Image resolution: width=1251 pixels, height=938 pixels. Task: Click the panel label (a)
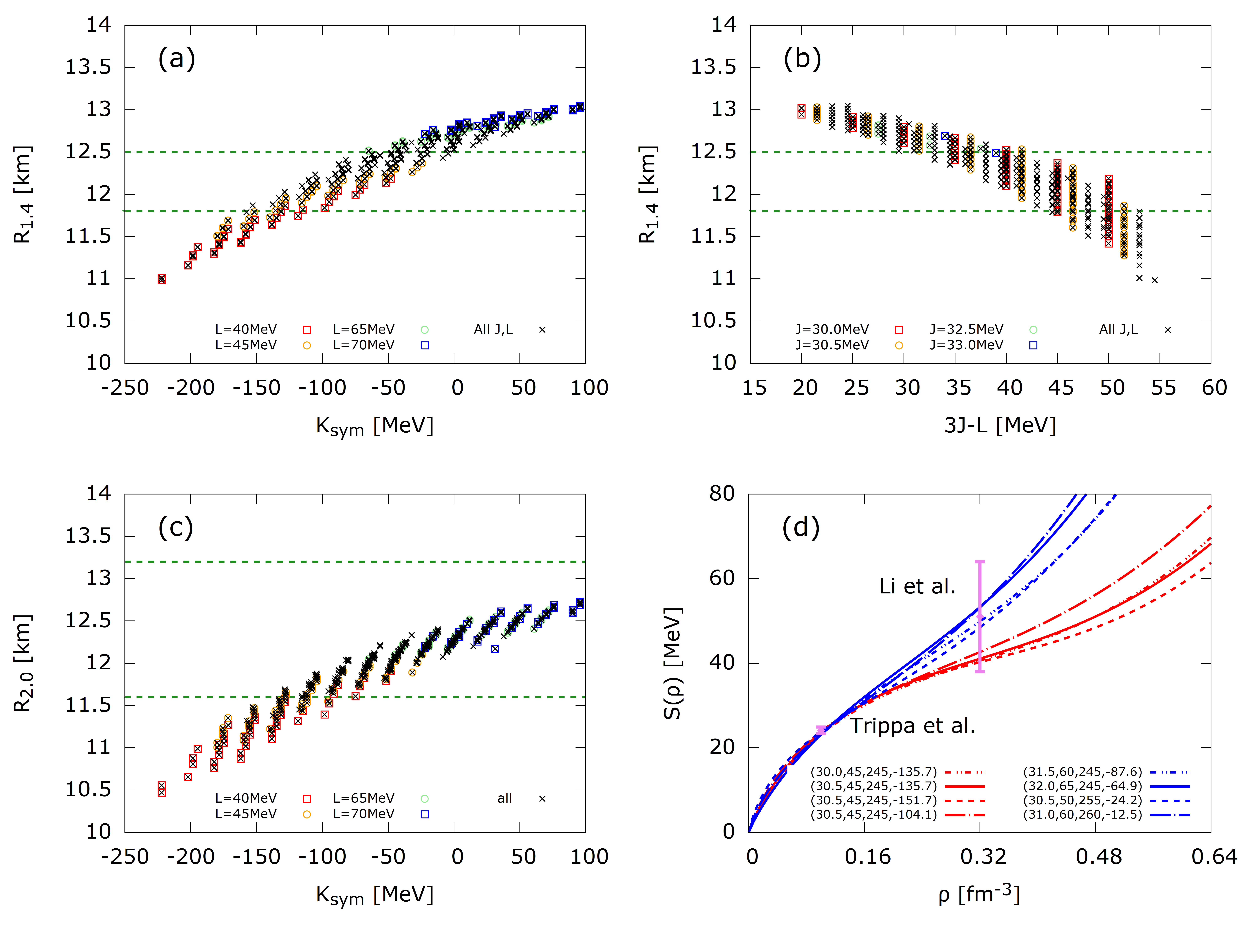coord(176,59)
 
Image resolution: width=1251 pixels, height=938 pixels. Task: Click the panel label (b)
coord(802,59)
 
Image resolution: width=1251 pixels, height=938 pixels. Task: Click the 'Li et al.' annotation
coord(917,586)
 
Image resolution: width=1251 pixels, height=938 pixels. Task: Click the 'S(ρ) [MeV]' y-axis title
coord(673,663)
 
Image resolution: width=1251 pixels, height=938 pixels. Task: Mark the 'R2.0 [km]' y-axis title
coord(23,663)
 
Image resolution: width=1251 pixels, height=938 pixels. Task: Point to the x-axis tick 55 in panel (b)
coord(1163,388)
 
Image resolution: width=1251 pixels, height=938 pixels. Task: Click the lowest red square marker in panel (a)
coord(162,279)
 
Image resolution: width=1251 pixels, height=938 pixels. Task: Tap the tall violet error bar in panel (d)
coord(980,616)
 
